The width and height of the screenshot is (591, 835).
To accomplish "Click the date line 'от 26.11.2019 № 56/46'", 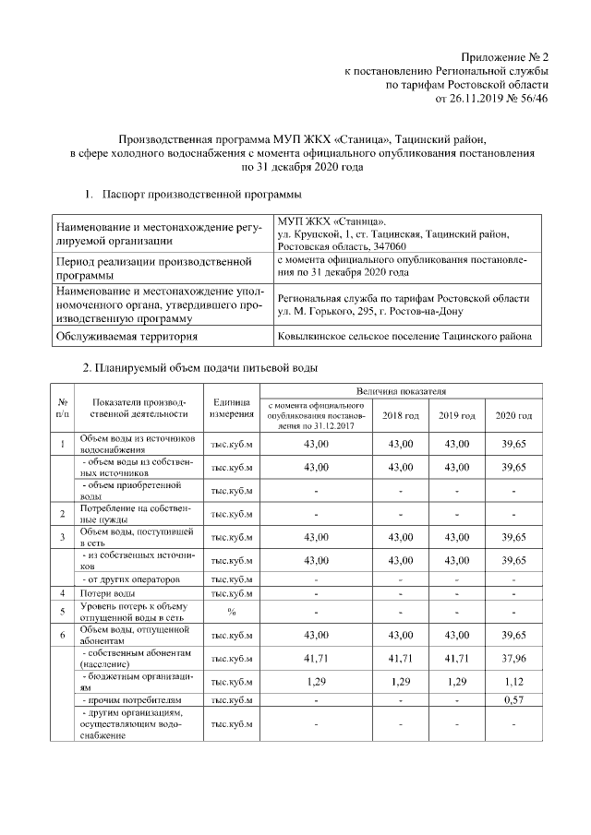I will click(x=498, y=99).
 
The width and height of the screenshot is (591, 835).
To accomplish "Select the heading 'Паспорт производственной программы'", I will click(x=200, y=196).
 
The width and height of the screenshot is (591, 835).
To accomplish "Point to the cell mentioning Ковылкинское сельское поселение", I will click(x=406, y=338).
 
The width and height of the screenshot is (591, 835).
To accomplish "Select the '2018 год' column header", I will click(x=401, y=416).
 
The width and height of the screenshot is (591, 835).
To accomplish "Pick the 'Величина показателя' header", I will click(x=402, y=392).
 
